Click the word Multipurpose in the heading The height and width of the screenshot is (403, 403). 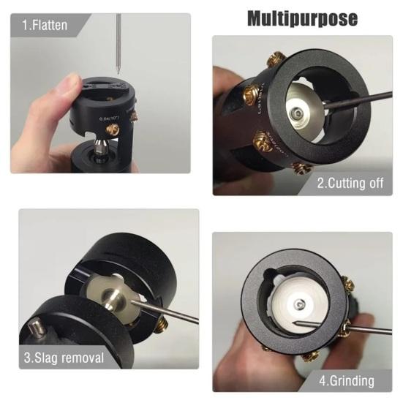301,18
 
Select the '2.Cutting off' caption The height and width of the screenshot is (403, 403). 350,183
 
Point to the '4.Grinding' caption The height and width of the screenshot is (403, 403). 347,380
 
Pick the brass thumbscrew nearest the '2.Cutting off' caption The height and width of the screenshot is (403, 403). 302,167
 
